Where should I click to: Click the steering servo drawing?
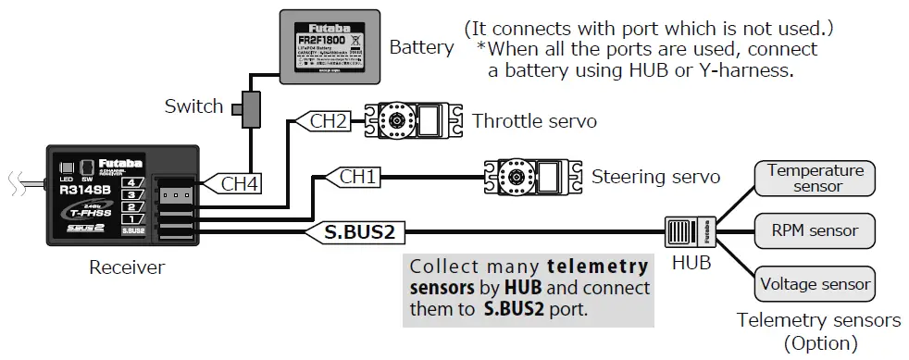pyautogui.click(x=529, y=175)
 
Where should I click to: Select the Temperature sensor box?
pyautogui.click(x=816, y=179)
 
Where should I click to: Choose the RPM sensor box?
pyautogui.click(x=816, y=230)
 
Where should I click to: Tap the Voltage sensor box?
pyautogui.click(x=816, y=282)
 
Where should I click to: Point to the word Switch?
pyautogui.click(x=193, y=106)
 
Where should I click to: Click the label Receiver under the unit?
pyautogui.click(x=126, y=268)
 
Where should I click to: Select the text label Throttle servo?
pyautogui.click(x=534, y=121)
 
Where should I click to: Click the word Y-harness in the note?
pyautogui.click(x=760, y=69)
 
